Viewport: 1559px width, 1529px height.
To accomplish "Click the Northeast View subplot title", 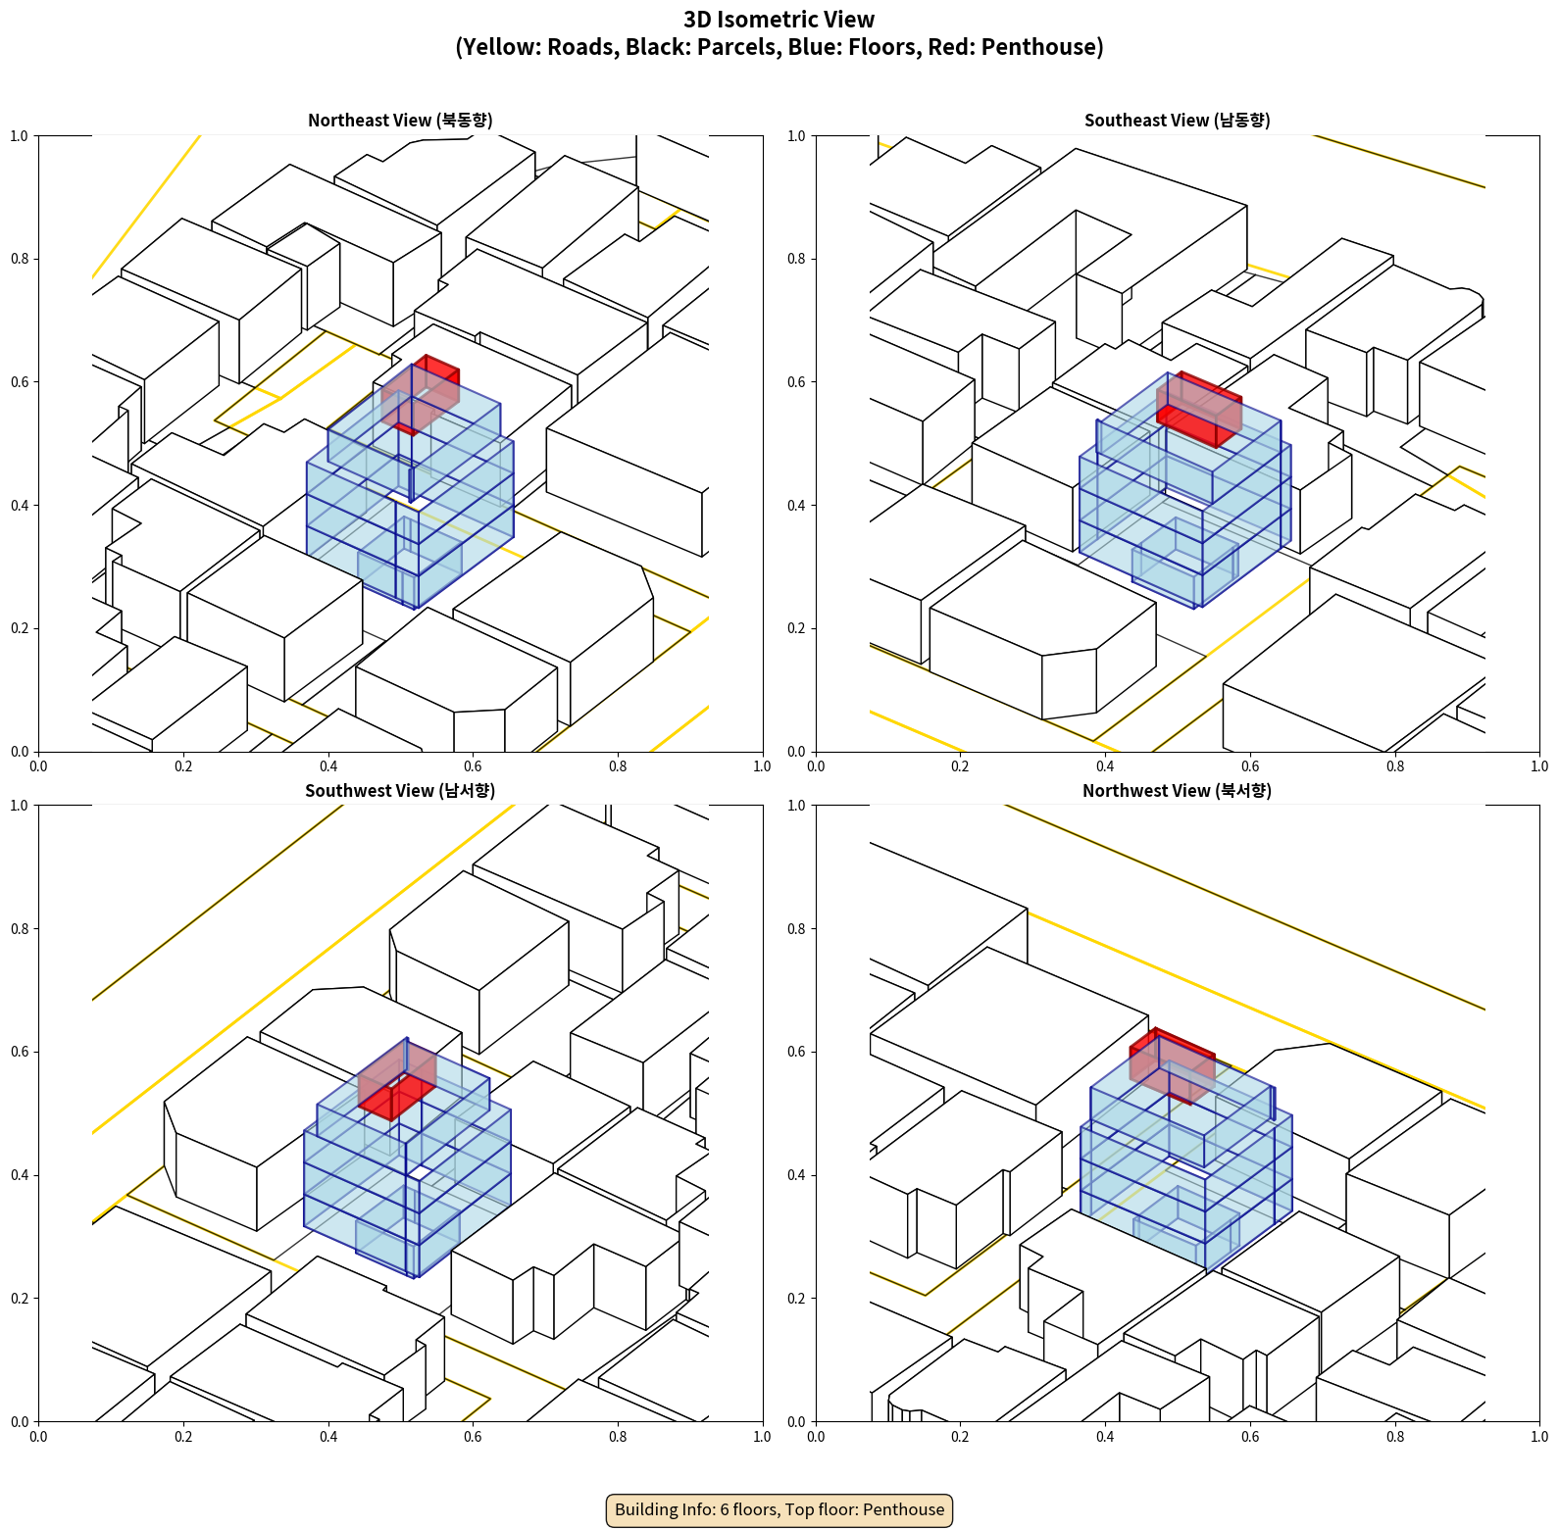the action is point(400,120).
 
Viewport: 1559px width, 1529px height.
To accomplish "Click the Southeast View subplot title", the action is point(1177,120).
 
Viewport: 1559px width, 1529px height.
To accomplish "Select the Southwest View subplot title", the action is point(400,790).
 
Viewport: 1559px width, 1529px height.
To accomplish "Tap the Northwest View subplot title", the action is point(1177,790).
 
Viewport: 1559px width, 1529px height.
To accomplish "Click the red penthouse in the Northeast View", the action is point(420,395).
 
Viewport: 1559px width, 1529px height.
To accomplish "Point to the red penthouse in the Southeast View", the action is point(1199,409).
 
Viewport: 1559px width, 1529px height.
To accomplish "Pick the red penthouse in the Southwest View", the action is point(397,1079).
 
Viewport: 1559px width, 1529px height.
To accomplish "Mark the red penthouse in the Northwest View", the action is point(1173,1065).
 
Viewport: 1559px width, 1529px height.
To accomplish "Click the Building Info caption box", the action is point(779,1509).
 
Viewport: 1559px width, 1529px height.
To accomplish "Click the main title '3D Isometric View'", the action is point(779,20).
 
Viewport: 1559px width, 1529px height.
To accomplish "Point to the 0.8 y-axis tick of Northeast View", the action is point(20,259).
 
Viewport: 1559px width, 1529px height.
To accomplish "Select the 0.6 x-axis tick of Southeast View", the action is point(1250,765).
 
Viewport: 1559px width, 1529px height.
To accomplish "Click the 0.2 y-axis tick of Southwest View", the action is point(20,1298).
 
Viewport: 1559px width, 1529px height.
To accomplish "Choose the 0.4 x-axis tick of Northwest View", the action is point(1105,1436).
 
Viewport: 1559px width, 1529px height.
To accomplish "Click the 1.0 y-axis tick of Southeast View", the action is point(796,135).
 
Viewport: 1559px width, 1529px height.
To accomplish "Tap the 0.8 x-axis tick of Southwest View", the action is point(618,1436).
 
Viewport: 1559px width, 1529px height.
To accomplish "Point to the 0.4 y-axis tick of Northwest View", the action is point(796,1174).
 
